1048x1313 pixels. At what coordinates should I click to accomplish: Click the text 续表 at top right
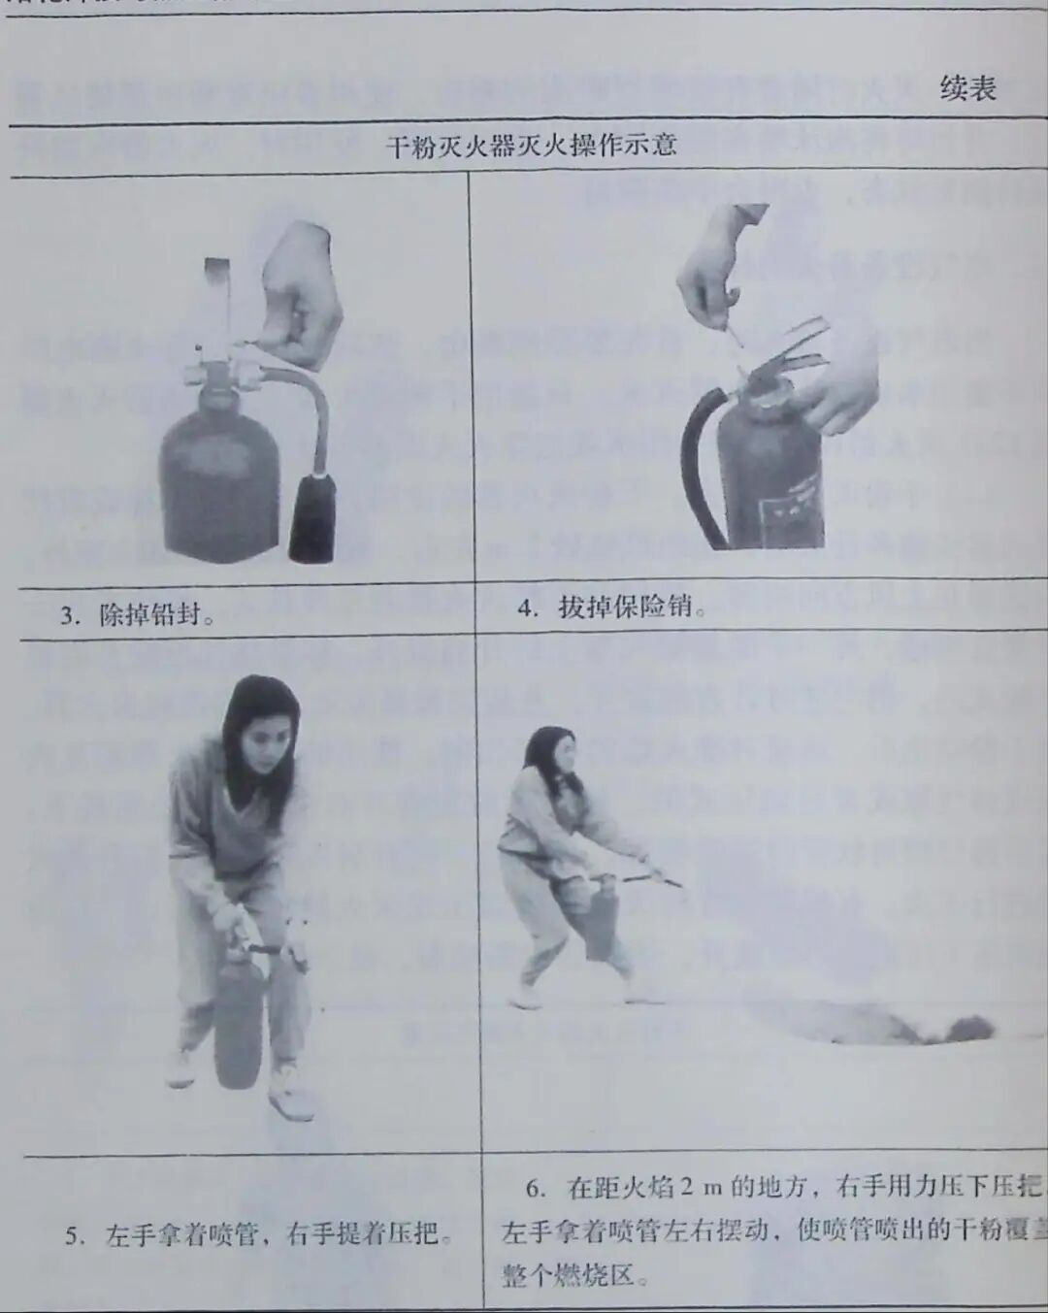pyautogui.click(x=966, y=88)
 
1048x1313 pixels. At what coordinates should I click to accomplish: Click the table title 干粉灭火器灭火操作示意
pyautogui.click(x=530, y=147)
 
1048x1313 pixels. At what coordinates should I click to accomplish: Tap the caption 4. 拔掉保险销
pyautogui.click(x=611, y=607)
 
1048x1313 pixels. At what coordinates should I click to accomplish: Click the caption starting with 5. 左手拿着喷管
pyautogui.click(x=258, y=1234)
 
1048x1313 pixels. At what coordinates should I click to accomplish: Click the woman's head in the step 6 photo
pyautogui.click(x=551, y=753)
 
